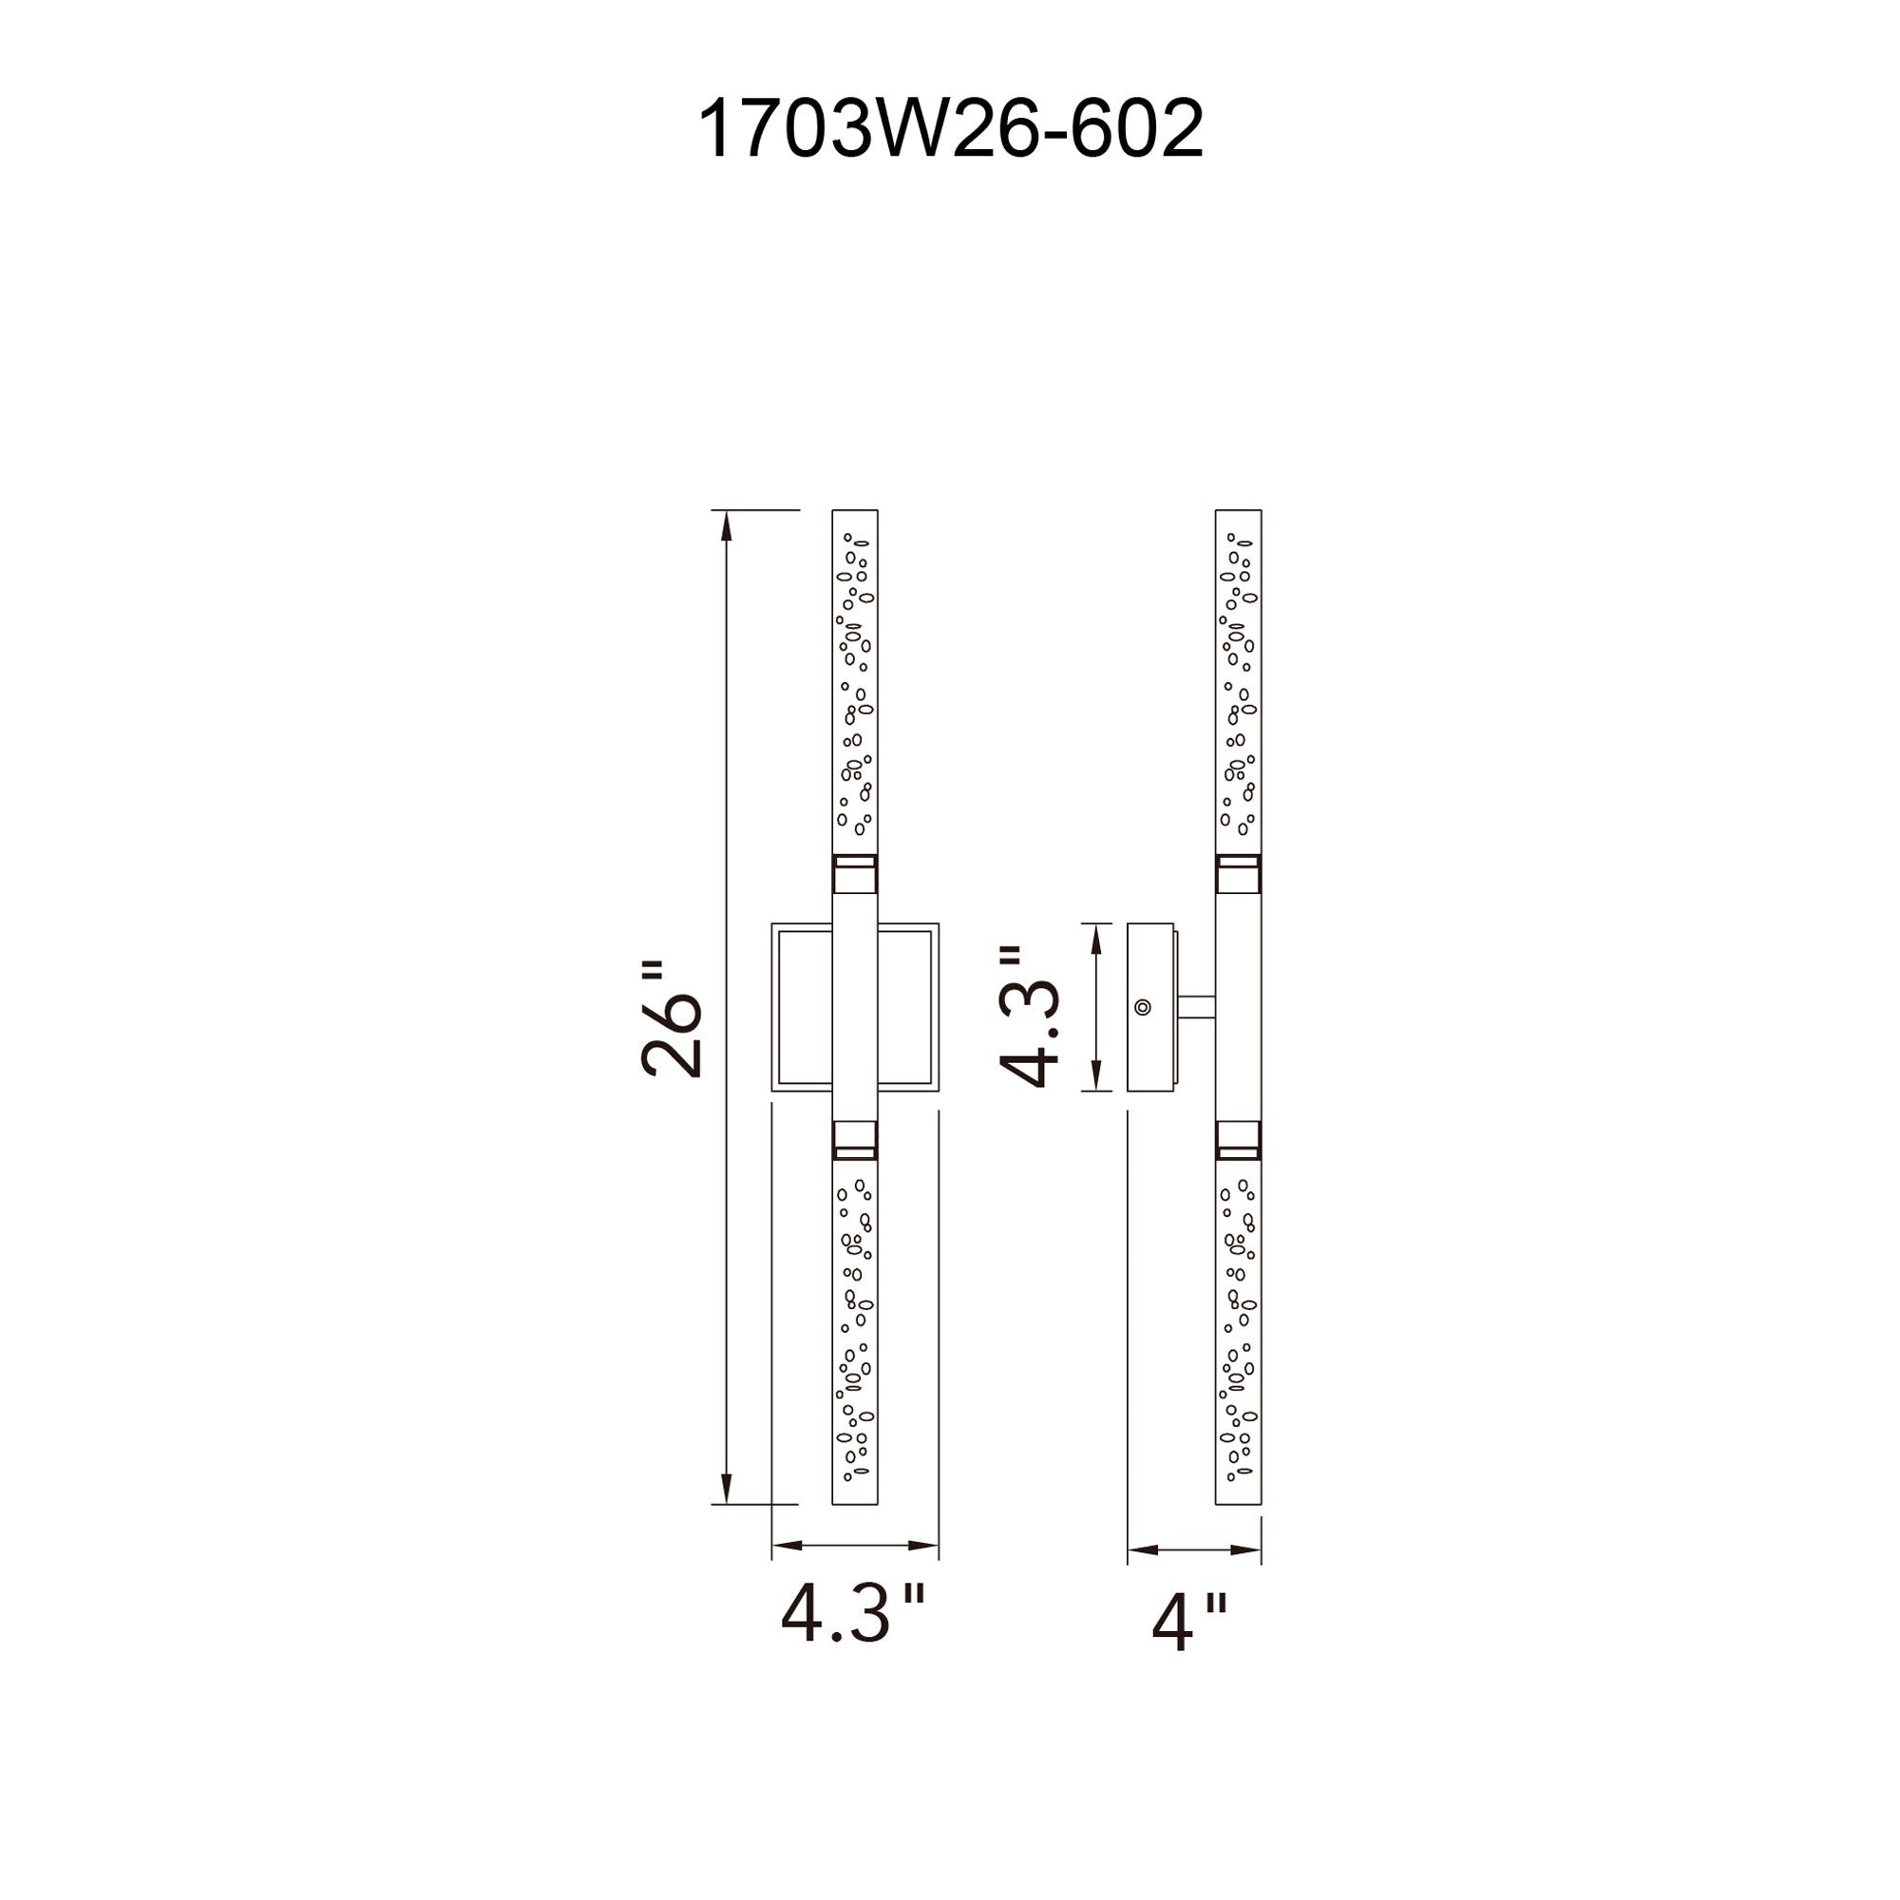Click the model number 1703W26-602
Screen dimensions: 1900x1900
(x=950, y=129)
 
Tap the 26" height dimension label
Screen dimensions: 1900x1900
(x=672, y=1019)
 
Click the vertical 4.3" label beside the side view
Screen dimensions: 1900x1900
(x=1029, y=1016)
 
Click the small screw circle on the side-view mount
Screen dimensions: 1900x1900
(x=1143, y=1007)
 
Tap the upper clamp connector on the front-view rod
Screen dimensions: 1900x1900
(x=855, y=874)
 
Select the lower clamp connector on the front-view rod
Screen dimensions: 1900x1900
(x=855, y=1140)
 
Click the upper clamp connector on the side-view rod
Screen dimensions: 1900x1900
(x=1238, y=874)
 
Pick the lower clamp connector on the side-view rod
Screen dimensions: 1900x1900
(x=1238, y=1140)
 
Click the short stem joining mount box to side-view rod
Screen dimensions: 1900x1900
(x=1196, y=1007)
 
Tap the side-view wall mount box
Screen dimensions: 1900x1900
(x=1151, y=1007)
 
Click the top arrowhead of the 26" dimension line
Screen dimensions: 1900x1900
(x=727, y=526)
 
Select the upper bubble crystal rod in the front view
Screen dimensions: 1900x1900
(x=855, y=681)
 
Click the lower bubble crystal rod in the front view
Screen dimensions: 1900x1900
(x=855, y=1345)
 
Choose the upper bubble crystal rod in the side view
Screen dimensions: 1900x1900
(x=1238, y=681)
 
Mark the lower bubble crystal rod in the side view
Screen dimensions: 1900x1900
(x=1238, y=1345)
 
